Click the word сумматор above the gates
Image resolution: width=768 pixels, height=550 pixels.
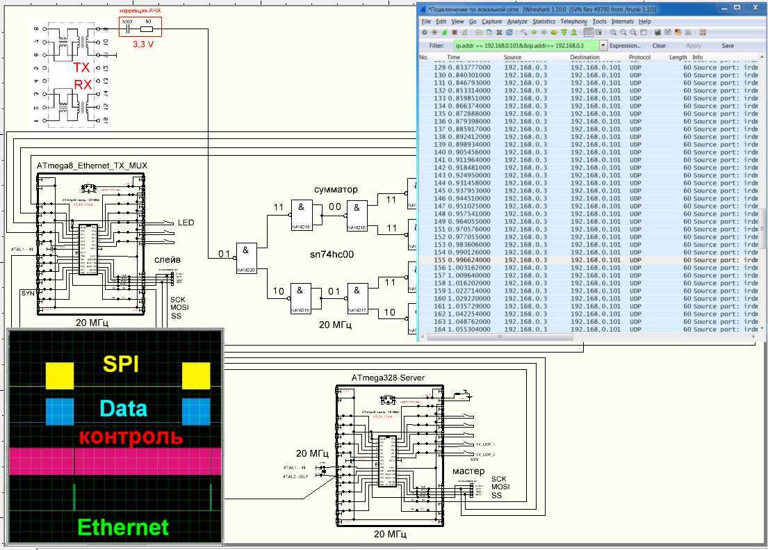click(336, 189)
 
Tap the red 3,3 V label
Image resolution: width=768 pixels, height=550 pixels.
click(144, 43)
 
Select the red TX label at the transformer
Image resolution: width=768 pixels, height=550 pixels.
click(82, 68)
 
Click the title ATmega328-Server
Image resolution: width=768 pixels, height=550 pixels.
click(388, 378)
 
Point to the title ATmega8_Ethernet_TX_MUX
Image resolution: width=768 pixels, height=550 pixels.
click(92, 165)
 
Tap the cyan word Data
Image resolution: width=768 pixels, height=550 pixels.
click(123, 408)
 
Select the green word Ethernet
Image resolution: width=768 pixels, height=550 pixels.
click(122, 527)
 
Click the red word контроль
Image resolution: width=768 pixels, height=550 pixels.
click(131, 437)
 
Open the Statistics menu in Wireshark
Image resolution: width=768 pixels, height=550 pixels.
click(544, 22)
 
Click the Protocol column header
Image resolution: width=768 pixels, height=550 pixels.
click(639, 57)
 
